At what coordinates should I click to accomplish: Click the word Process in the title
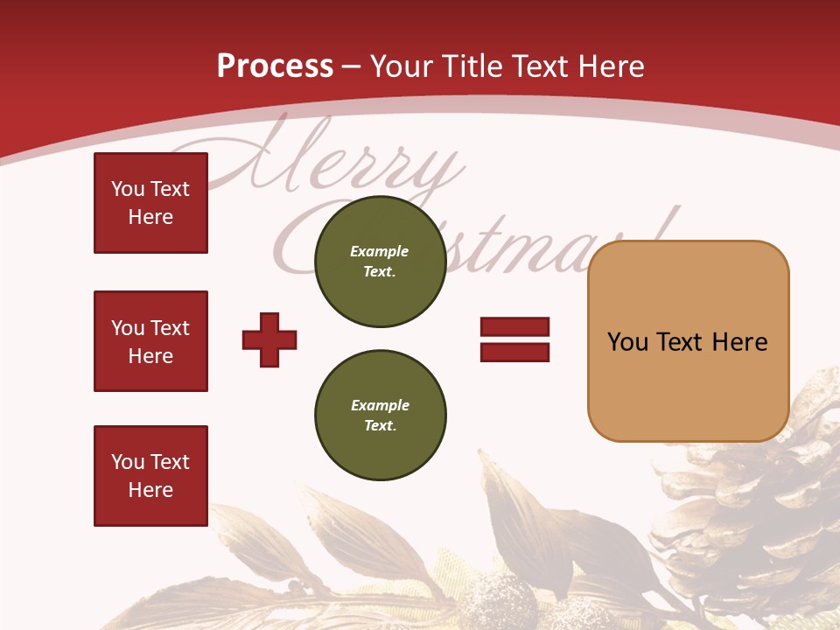(275, 66)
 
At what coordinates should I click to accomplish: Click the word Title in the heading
(471, 66)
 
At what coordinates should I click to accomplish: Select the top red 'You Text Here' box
(150, 203)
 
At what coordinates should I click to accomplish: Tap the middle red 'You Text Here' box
(150, 341)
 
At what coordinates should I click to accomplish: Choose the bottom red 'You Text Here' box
(150, 476)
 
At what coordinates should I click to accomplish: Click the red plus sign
(269, 339)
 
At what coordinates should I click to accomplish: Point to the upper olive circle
(380, 262)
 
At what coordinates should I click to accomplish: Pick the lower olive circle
(380, 416)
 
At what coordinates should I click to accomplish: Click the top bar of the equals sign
(514, 326)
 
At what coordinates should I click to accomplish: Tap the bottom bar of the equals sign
(514, 353)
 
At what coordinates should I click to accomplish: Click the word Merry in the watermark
(350, 166)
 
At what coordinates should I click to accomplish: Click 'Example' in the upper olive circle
(380, 251)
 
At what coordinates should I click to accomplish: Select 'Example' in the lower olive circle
(380, 405)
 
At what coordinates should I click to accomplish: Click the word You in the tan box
(627, 342)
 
